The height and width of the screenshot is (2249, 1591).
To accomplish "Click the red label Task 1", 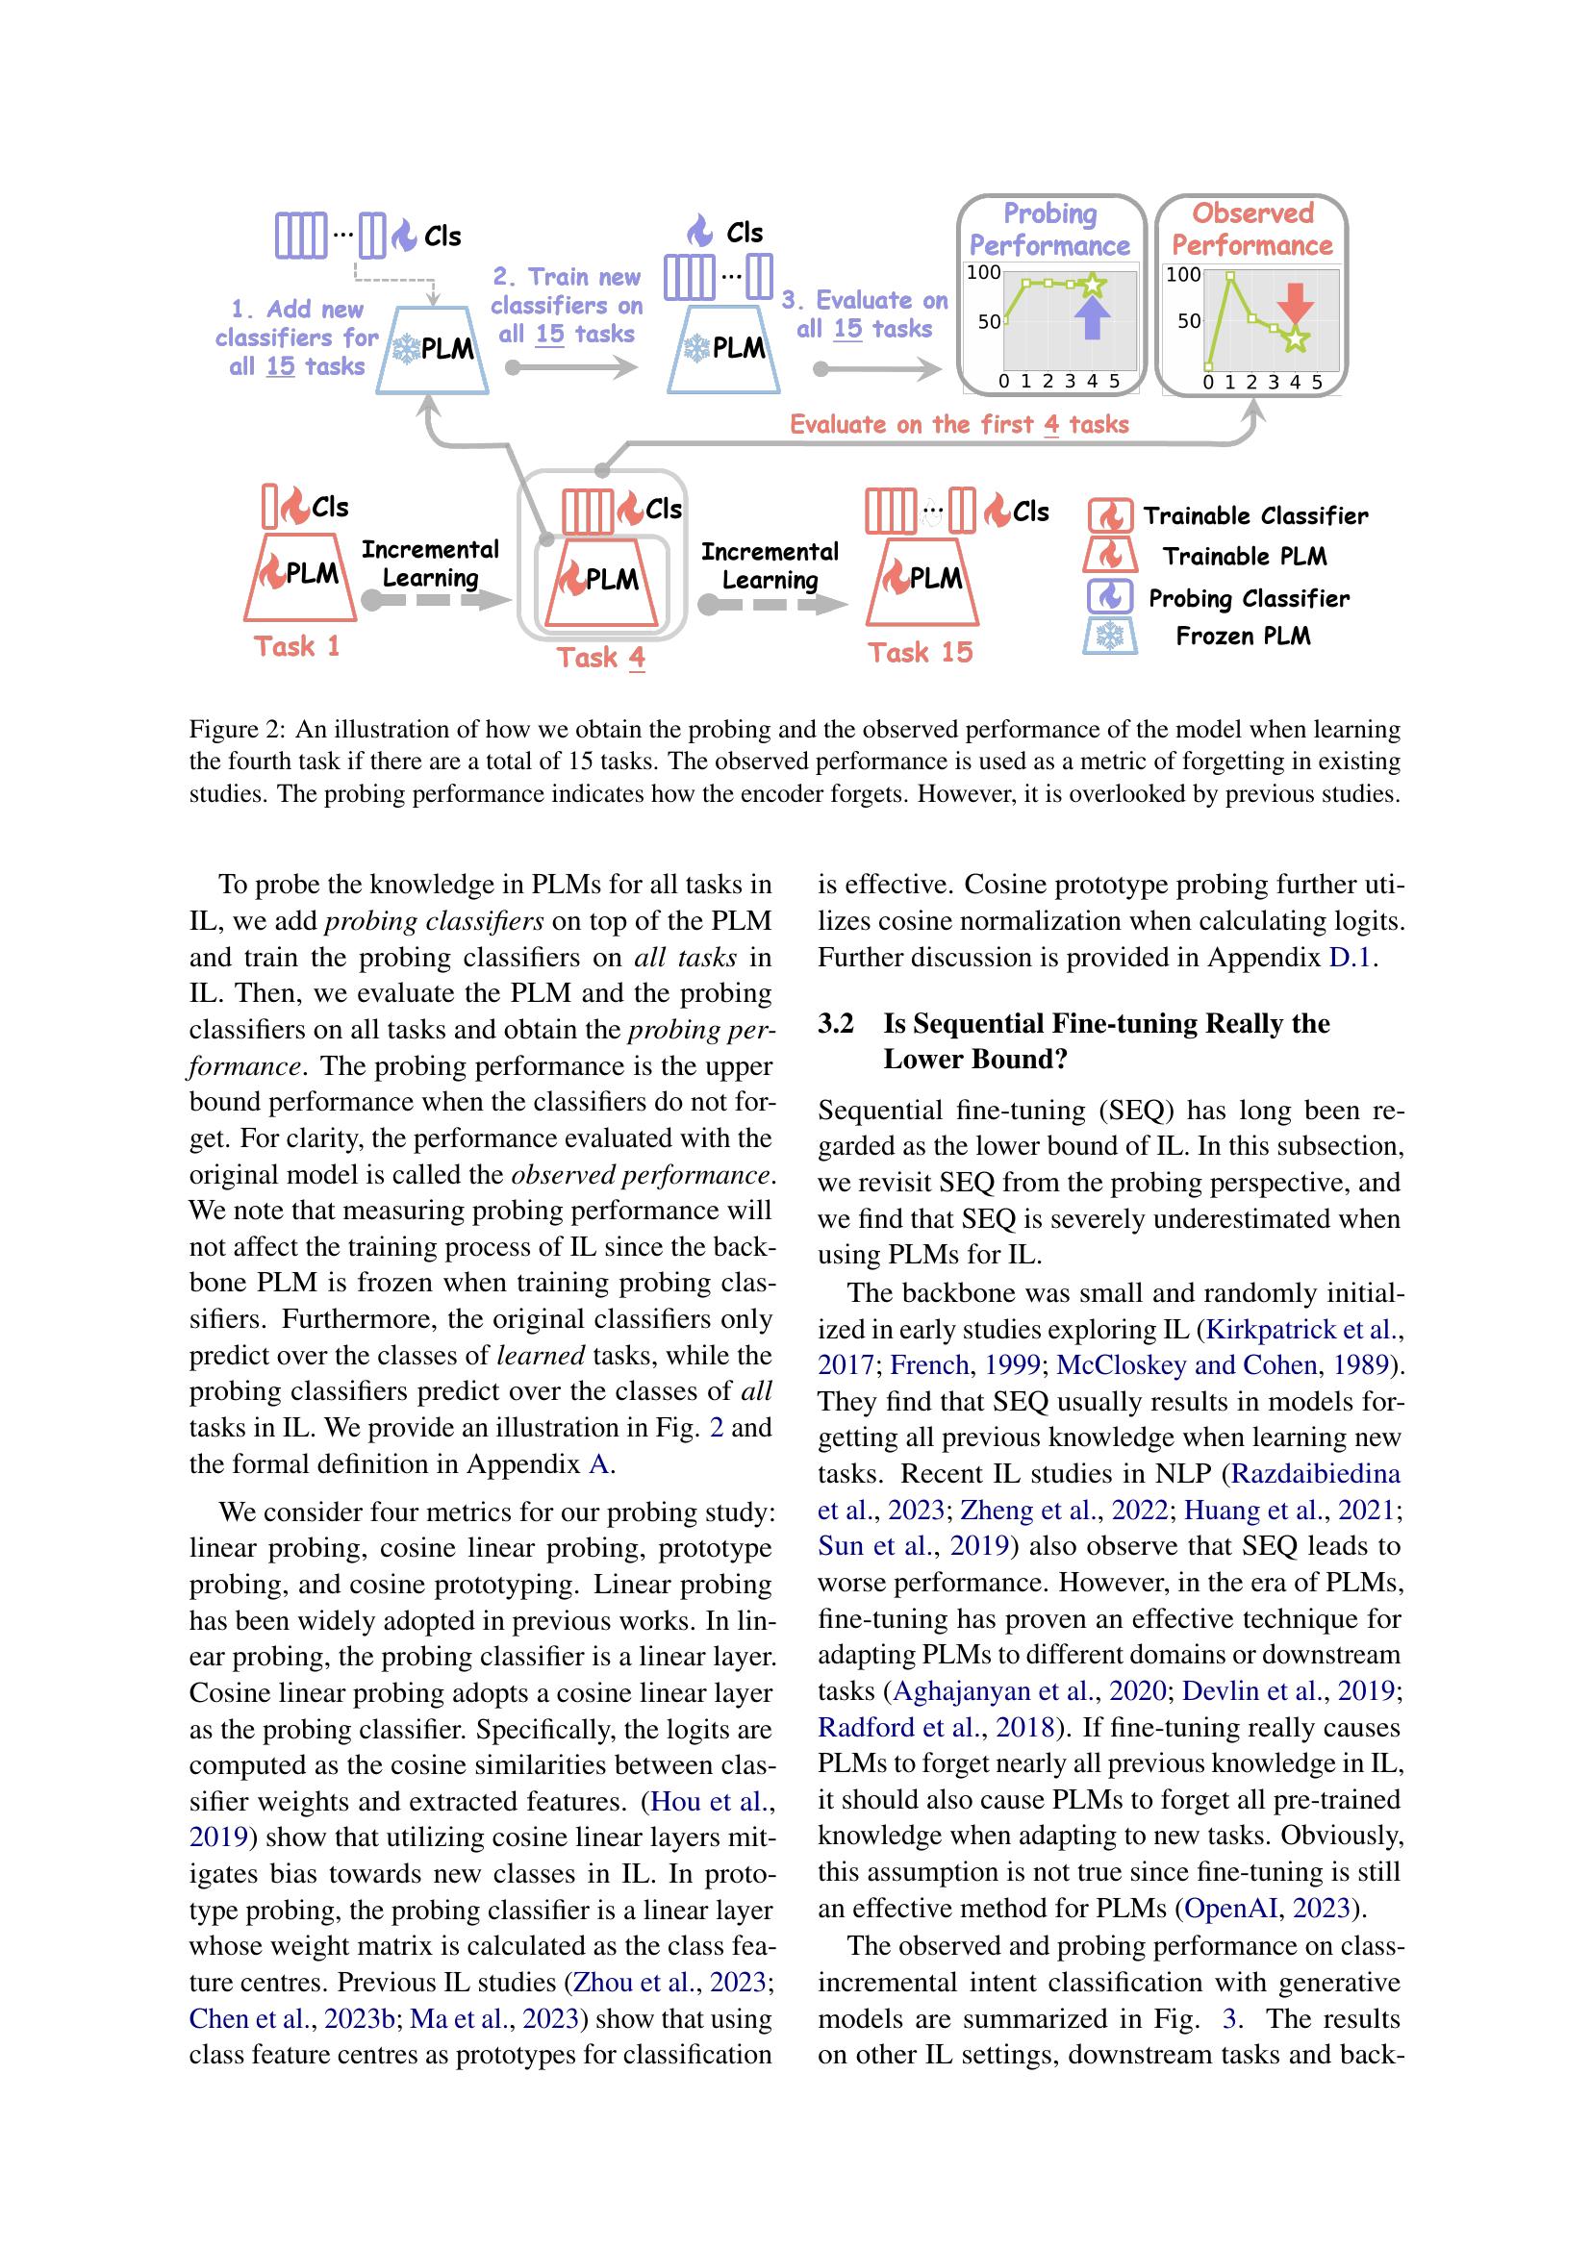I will click(x=297, y=646).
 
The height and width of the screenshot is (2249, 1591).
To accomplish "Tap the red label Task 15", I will click(x=920, y=652).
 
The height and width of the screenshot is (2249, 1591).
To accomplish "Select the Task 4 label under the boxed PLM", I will click(x=600, y=658).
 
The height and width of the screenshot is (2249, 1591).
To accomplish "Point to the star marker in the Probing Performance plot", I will click(x=1094, y=286).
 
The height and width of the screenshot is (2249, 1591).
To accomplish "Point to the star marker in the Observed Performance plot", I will click(x=1296, y=338).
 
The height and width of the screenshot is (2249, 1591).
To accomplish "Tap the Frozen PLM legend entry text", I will click(x=1242, y=637).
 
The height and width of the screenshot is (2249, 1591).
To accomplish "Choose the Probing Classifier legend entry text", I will click(x=1249, y=598).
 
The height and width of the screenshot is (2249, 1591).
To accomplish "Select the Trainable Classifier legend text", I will click(x=1255, y=516).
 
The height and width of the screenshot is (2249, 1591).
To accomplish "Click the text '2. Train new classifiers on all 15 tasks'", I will click(x=567, y=306).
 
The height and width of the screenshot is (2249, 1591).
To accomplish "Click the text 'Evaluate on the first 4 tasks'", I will click(x=959, y=424).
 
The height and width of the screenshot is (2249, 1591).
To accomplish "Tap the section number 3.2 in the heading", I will click(x=836, y=1024).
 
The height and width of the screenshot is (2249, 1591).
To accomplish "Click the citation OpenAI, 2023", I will click(x=1268, y=1908).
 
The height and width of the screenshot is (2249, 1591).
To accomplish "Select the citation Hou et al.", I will click(x=711, y=1801).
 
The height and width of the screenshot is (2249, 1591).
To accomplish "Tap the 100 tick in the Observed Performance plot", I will click(x=1182, y=274).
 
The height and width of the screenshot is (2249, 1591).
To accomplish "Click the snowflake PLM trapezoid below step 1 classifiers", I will click(x=433, y=350).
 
